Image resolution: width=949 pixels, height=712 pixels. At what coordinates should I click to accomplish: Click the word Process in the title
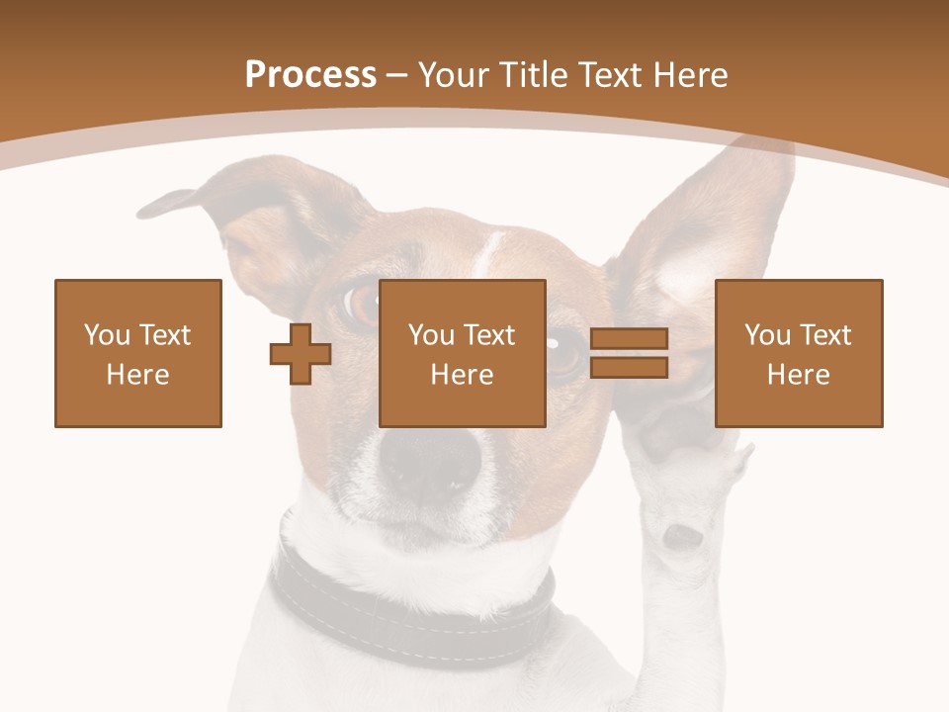pos(310,74)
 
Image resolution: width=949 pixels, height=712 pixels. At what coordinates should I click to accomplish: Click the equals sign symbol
pos(629,353)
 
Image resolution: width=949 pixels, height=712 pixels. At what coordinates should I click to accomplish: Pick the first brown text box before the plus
pos(138,353)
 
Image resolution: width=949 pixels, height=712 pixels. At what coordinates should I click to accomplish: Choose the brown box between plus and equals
pos(463,353)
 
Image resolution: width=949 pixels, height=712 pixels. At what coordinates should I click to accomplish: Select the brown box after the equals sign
pos(799,353)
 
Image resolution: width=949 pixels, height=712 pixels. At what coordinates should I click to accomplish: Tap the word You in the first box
pos(105,335)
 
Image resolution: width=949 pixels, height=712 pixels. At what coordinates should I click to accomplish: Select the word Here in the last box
pos(799,375)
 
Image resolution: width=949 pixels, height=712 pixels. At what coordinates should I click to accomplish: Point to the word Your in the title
pos(454,74)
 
